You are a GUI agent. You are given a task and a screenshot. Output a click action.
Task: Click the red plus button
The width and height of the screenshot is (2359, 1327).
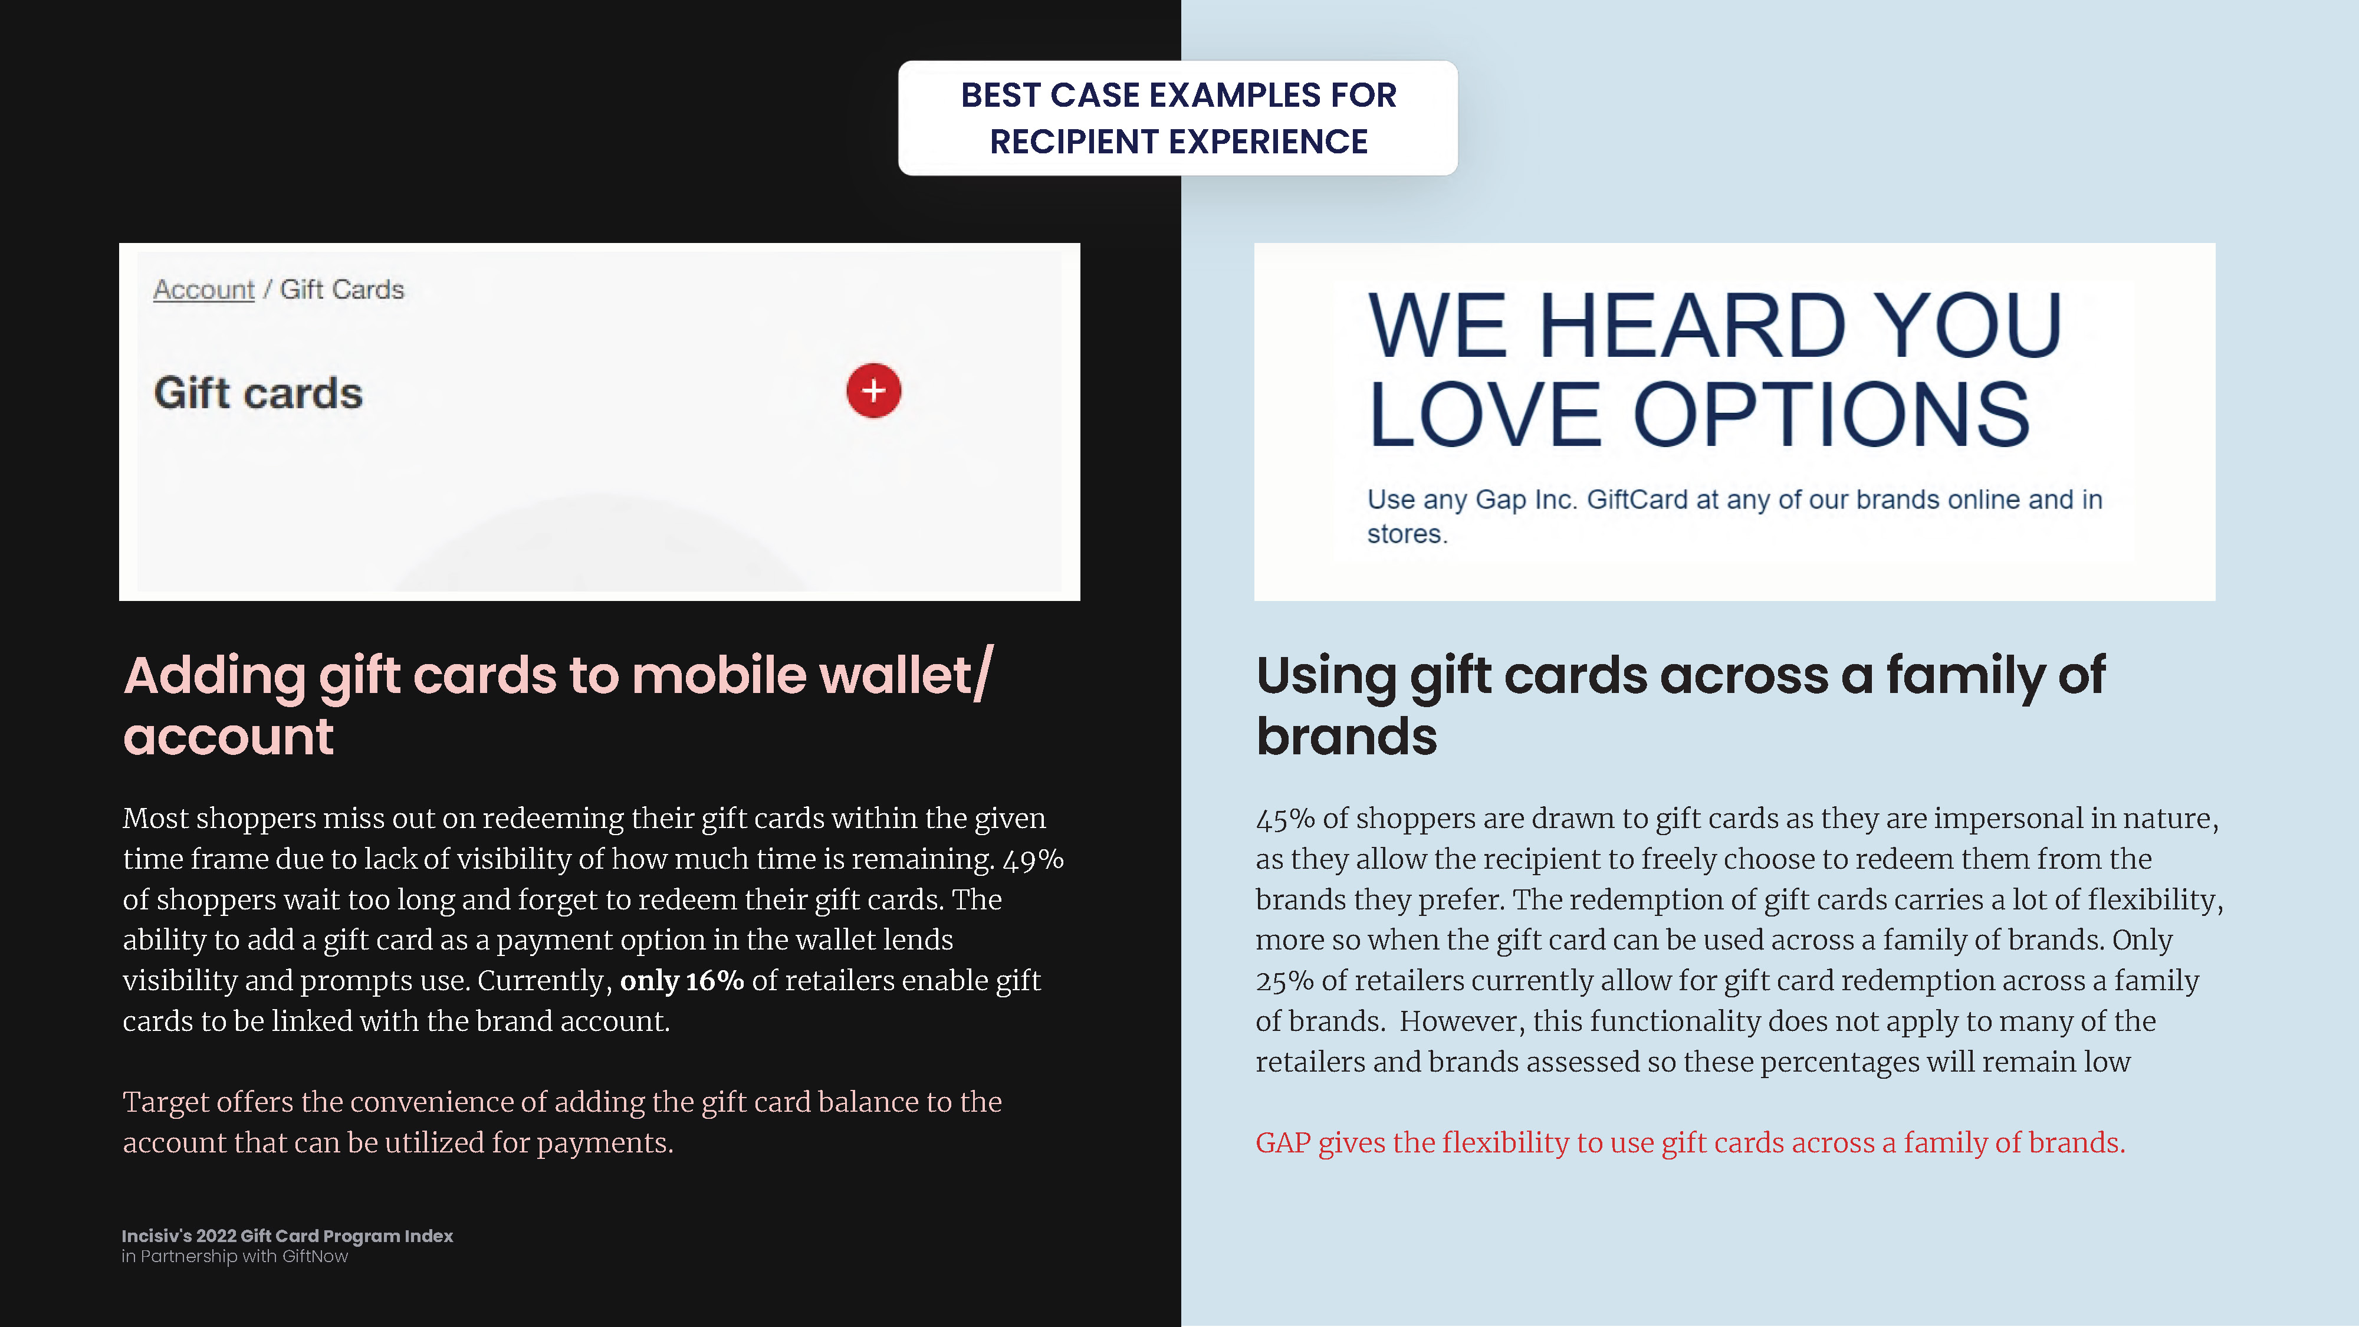(x=873, y=391)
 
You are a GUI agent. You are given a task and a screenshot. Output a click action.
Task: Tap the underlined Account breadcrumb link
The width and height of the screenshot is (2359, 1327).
(x=203, y=290)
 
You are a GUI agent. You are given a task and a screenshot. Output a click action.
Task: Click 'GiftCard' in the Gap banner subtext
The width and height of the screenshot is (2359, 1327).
(x=1637, y=500)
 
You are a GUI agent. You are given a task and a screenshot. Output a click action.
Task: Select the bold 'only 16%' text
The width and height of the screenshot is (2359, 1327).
(x=682, y=981)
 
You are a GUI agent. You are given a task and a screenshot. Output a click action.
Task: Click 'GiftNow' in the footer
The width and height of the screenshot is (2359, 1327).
(x=315, y=1256)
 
